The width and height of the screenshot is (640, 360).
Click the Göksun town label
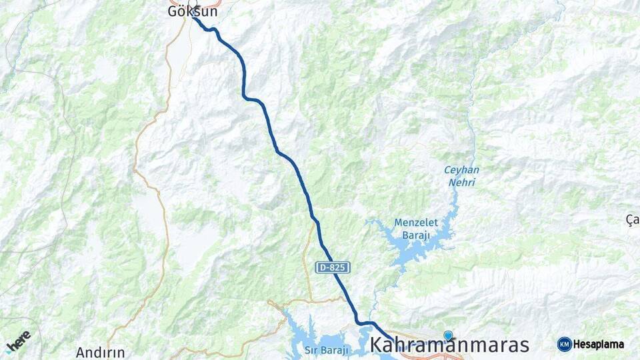193,11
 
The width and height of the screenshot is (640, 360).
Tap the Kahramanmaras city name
449,345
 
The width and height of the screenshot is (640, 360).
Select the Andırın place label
100,352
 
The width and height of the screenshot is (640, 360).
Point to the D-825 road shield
333,267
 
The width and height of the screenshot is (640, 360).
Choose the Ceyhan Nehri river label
461,175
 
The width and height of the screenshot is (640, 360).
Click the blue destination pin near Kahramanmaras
448,335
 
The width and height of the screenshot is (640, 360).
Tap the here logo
18,341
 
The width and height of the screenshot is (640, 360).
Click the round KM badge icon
565,344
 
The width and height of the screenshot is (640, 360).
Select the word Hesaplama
599,345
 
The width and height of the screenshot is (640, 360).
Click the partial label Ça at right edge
633,219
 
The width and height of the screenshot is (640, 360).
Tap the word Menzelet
414,223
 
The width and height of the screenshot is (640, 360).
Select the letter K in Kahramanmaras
377,345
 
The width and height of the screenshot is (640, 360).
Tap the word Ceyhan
461,169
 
